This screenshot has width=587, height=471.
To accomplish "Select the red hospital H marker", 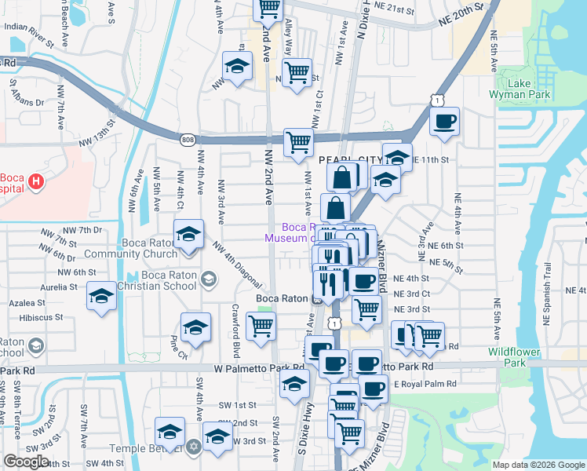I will [35, 182].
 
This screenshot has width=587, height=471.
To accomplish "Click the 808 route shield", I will [187, 140].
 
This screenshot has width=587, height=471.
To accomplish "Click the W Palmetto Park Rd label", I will [259, 367].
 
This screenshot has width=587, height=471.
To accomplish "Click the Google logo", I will [27, 462].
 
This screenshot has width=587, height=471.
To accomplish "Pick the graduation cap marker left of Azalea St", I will [101, 296].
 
